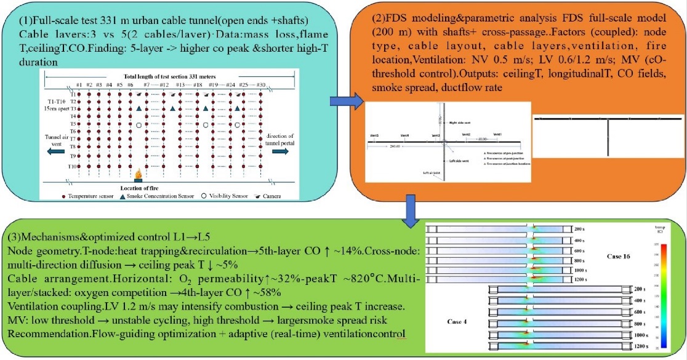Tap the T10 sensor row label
tap(73, 167)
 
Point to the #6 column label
tap(130, 85)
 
